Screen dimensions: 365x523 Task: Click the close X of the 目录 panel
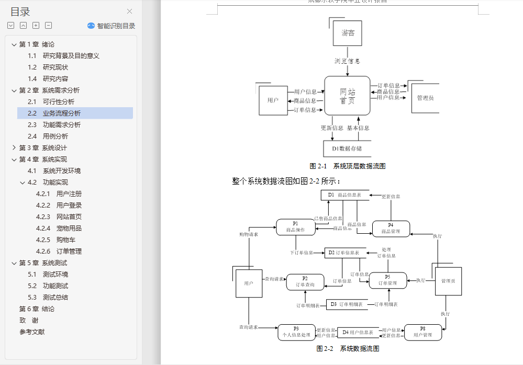click(130, 12)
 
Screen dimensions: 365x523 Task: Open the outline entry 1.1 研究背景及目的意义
click(71, 56)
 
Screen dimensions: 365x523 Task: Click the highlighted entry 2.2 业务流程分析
click(61, 113)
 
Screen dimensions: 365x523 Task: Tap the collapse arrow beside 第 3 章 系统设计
click(14, 148)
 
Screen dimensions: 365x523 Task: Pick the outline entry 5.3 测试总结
click(55, 298)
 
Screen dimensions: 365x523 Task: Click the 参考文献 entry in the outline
click(32, 332)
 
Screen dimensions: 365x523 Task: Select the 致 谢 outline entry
click(29, 321)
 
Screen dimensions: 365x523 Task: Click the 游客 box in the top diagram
click(348, 33)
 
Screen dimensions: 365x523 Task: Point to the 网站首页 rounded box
click(347, 96)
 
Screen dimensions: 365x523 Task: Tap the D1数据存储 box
click(347, 149)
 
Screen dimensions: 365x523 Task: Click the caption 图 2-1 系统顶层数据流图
click(348, 166)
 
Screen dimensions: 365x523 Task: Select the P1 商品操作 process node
click(295, 227)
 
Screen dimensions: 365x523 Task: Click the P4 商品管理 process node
click(391, 229)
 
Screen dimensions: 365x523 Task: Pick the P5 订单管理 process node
click(387, 280)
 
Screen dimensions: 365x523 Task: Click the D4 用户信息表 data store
click(358, 332)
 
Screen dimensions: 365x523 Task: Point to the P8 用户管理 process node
click(422, 332)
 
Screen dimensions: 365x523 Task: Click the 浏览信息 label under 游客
click(347, 61)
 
